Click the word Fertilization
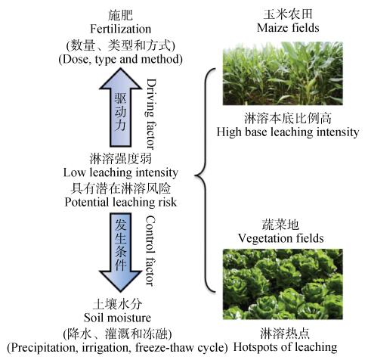121,29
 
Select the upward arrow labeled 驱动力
121,107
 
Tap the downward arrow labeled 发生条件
121,253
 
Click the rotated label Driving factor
151,114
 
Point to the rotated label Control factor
150,250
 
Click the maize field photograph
283,73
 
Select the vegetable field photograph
283,284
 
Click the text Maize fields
288,27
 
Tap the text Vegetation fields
281,238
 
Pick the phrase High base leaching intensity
288,132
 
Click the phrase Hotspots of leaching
285,347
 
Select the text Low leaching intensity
121,173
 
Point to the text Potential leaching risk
121,202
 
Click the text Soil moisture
117,318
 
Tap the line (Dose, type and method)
121,60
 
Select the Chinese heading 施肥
121,15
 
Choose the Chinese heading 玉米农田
288,14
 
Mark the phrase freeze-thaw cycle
180,348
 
